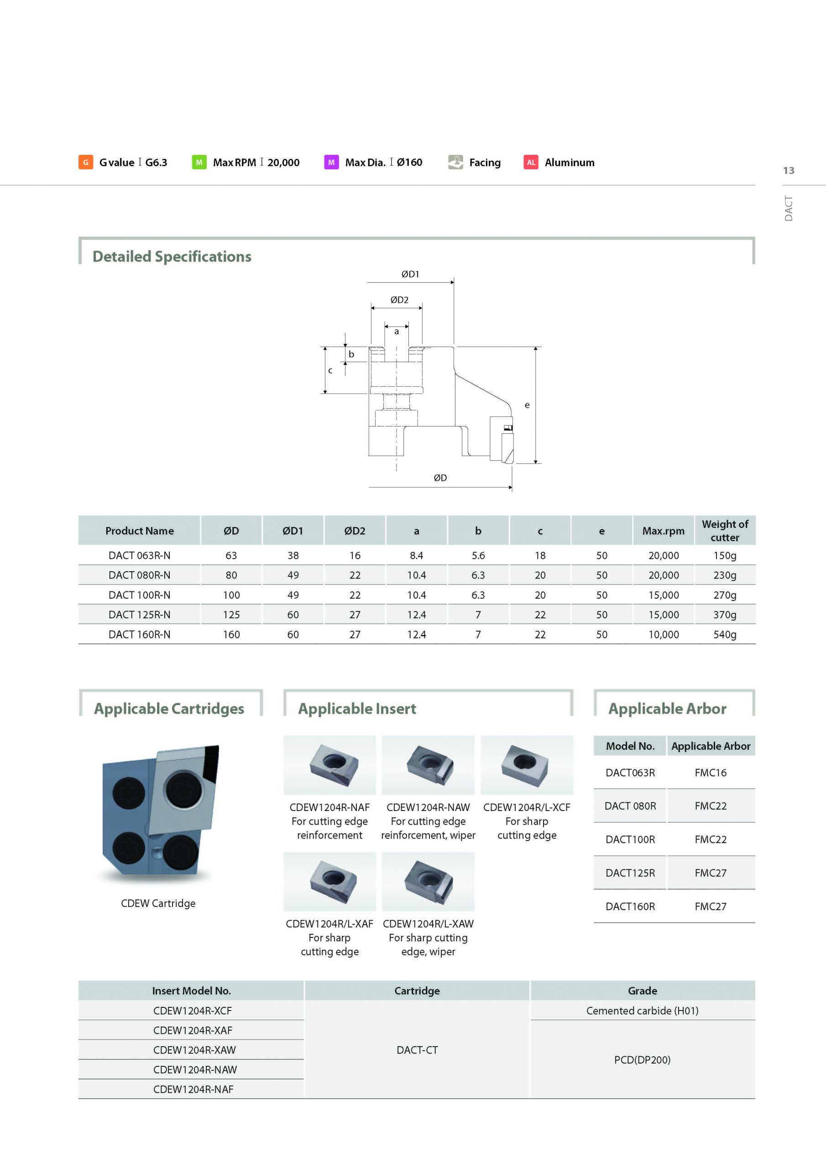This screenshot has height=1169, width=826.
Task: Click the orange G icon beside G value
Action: (x=85, y=163)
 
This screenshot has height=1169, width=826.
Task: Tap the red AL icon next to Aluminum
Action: (x=531, y=163)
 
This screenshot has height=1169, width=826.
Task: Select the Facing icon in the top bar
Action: (x=455, y=162)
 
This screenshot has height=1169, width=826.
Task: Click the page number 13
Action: (x=788, y=171)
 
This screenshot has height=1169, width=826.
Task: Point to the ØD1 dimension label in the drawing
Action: (x=410, y=274)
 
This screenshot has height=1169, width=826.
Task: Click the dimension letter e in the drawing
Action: (x=527, y=405)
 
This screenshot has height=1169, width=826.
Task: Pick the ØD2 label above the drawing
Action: (x=399, y=300)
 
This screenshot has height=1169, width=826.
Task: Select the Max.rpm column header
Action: (x=663, y=531)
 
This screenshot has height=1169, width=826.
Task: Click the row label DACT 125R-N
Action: (x=140, y=615)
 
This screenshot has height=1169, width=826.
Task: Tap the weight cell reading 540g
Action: (x=725, y=634)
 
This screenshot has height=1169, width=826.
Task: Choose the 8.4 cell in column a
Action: (x=416, y=555)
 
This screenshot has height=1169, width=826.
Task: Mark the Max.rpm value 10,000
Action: (x=663, y=634)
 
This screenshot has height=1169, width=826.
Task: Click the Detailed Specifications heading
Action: (x=172, y=257)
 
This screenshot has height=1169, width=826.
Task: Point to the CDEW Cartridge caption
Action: (x=158, y=903)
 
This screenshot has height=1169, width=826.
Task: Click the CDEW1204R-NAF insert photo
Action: (x=330, y=765)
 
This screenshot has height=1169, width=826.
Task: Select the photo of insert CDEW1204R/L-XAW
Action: (x=428, y=881)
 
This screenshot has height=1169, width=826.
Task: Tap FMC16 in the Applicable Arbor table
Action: (x=711, y=773)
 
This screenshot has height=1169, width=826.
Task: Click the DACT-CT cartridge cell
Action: (x=417, y=1050)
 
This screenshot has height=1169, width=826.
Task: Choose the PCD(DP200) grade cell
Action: (x=642, y=1059)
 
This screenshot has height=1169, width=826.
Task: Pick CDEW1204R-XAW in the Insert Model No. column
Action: (x=194, y=1050)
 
